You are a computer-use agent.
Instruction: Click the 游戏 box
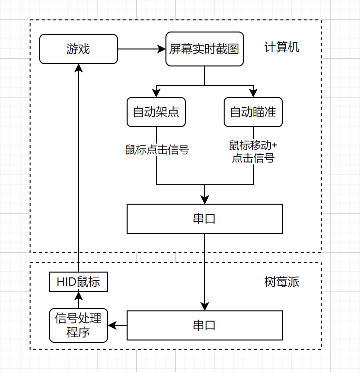point(78,49)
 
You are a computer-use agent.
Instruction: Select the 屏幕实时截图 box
point(204,49)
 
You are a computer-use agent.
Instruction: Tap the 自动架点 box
point(156,112)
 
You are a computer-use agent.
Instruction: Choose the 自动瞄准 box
point(253,112)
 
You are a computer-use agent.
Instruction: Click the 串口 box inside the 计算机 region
point(204,219)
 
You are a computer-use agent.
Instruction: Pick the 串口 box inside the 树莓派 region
point(204,325)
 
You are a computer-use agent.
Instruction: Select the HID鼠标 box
point(78,282)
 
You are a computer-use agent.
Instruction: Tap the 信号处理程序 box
point(78,325)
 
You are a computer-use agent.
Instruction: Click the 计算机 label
point(282,48)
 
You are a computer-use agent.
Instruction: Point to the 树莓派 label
point(282,282)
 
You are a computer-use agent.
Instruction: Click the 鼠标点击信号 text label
point(157,150)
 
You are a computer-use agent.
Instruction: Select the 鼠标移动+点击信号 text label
point(253,151)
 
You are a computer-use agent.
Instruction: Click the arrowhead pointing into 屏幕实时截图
point(162,49)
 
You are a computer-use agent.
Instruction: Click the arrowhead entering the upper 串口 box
point(204,199)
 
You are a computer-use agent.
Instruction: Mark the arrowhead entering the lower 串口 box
point(204,307)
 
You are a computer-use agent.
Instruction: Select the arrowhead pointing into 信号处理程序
point(112,325)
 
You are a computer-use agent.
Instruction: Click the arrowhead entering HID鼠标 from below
point(78,296)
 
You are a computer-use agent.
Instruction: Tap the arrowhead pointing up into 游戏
point(78,68)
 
